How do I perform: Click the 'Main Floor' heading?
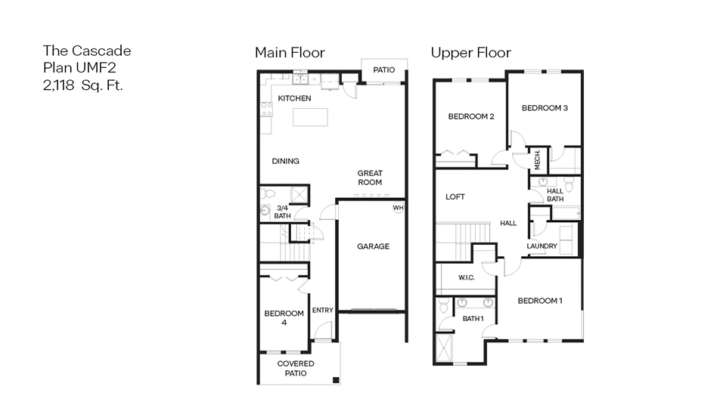tap(290, 53)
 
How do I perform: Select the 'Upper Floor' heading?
tap(470, 53)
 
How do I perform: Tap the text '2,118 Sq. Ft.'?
tap(82, 85)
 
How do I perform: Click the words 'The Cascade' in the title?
tap(86, 51)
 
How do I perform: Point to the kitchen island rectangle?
tap(311, 118)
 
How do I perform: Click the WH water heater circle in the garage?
tap(399, 208)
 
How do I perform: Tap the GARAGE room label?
tap(373, 246)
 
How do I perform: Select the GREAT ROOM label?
tap(370, 178)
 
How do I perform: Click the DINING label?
tap(285, 161)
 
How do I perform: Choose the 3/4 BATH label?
tap(282, 212)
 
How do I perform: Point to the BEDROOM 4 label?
tap(284, 318)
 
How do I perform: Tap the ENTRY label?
tap(322, 311)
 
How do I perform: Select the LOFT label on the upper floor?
tap(455, 197)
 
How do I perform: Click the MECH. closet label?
tap(538, 159)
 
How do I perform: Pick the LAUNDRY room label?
tap(541, 246)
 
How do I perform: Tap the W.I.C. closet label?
tap(466, 277)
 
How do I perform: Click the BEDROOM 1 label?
tap(540, 301)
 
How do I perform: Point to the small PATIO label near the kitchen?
tap(383, 70)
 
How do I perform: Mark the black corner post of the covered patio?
tap(337, 380)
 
